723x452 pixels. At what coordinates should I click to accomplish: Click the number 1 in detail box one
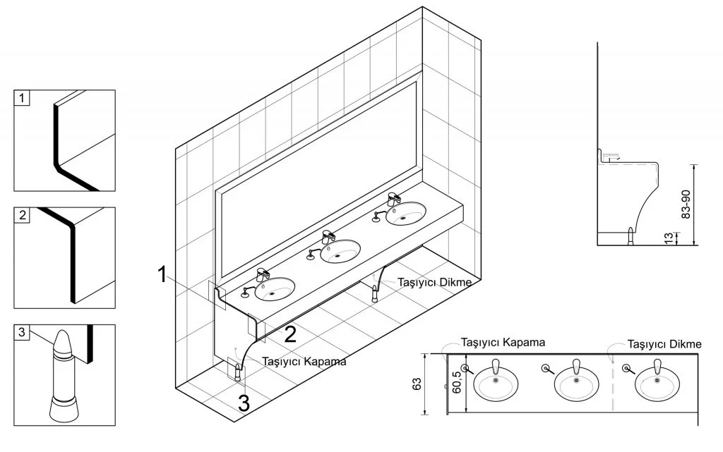coord(22,98)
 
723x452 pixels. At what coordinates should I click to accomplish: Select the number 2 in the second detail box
coord(23,215)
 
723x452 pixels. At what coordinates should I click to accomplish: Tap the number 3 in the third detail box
coord(22,332)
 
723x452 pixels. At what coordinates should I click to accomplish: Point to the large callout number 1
coord(162,274)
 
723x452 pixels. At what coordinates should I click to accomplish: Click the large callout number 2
coord(290,334)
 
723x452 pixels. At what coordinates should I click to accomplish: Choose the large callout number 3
coord(244,403)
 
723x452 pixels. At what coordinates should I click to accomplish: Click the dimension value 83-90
coord(686,204)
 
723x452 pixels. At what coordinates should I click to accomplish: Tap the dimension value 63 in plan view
coord(417,384)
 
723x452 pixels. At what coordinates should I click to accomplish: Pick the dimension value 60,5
coord(457,382)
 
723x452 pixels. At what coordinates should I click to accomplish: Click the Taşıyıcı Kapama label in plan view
coord(503,343)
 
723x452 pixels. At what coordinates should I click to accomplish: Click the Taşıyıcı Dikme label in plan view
coord(664,344)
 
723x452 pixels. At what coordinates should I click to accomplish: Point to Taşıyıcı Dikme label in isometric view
coord(435,281)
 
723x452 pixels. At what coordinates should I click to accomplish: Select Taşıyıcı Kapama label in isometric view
coord(304,361)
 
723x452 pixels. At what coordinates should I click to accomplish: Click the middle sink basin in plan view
coord(576,384)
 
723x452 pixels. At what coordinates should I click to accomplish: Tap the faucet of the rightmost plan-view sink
coord(657,367)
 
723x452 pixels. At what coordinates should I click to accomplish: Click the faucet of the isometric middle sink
coord(328,237)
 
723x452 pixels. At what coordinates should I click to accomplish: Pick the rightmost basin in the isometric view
coord(406,214)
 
